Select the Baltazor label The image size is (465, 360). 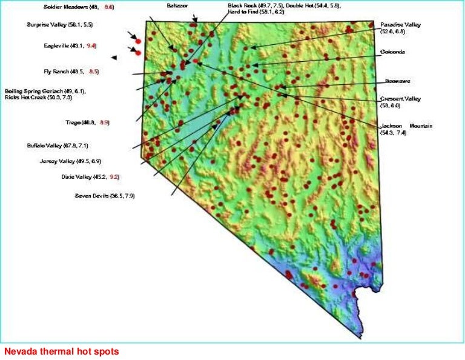pyautogui.click(x=177, y=5)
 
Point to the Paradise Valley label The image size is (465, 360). pyautogui.click(x=400, y=25)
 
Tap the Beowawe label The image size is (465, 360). pyautogui.click(x=397, y=81)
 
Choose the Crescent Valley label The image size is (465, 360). pyautogui.click(x=400, y=98)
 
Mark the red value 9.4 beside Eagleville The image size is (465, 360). pyautogui.click(x=91, y=46)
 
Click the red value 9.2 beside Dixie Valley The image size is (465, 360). pyautogui.click(x=114, y=177)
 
